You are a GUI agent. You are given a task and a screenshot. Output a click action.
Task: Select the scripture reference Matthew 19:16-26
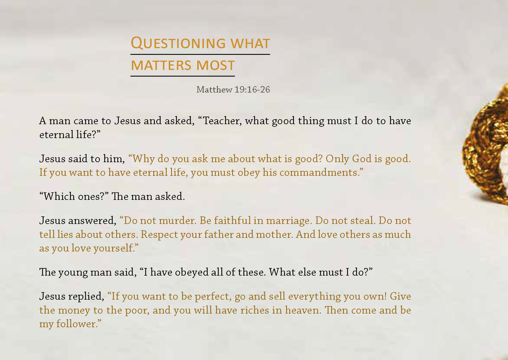tap(233, 90)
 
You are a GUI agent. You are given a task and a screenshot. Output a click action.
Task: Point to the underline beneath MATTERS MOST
tap(182, 76)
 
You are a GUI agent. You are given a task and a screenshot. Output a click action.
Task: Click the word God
tap(362, 159)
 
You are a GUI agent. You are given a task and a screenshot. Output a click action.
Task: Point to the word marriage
tap(288, 221)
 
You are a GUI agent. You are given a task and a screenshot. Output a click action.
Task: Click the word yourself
tap(114, 248)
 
